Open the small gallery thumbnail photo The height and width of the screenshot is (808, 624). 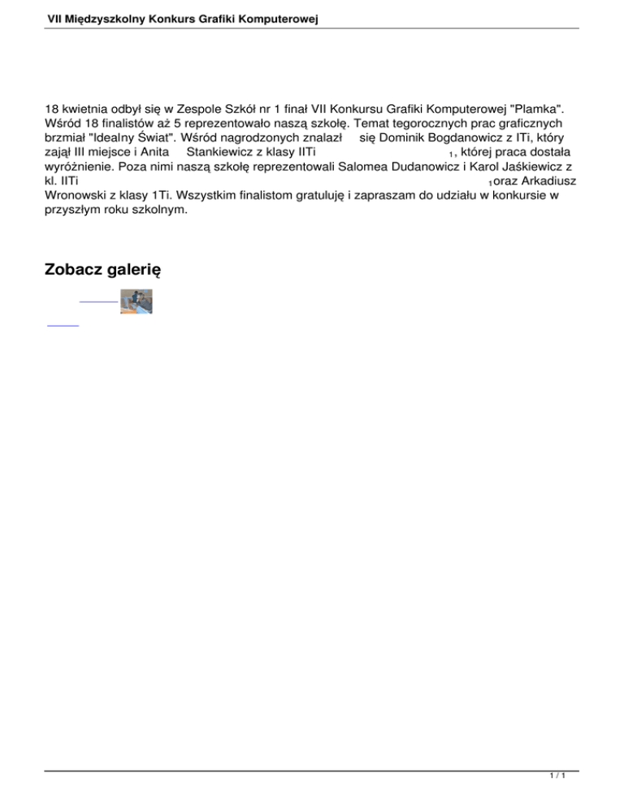coord(136,279)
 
